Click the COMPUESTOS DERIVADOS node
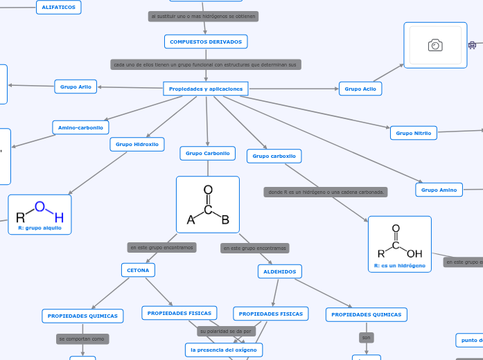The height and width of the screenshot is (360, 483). (206, 42)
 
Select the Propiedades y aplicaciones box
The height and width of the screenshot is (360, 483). (206, 89)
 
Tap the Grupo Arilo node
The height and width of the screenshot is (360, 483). (76, 87)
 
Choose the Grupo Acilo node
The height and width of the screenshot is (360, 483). (360, 89)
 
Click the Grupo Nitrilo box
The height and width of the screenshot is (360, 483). (414, 133)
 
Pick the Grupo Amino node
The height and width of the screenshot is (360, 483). (439, 190)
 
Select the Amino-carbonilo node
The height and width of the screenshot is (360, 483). (80, 127)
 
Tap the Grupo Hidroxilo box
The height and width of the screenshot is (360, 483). (137, 144)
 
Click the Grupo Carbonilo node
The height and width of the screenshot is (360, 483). (207, 153)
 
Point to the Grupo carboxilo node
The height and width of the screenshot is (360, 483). (274, 156)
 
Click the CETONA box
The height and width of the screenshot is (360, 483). (138, 270)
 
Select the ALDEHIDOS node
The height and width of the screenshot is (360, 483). (279, 272)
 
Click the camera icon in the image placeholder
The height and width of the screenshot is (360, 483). (435, 46)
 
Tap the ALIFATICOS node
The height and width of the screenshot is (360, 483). (59, 7)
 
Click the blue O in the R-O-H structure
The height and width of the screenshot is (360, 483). (39, 206)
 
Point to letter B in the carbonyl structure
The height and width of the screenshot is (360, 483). (225, 220)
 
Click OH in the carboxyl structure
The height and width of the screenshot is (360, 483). (414, 253)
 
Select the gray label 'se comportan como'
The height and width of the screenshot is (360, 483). (82, 339)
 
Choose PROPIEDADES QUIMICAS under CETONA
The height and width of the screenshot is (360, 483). (82, 316)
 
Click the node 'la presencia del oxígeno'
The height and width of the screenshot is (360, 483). (224, 350)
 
